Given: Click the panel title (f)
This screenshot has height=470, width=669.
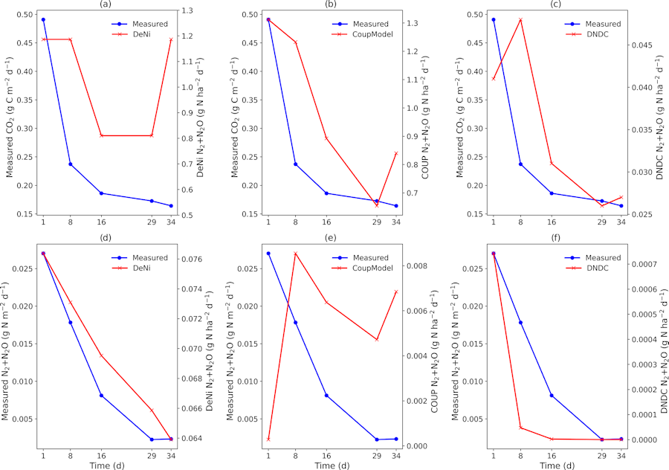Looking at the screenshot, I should pyautogui.click(x=557, y=239).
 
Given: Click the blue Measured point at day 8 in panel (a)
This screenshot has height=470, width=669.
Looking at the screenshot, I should pyautogui.click(x=71, y=164).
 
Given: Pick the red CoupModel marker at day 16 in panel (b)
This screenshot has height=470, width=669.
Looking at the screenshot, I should pyautogui.click(x=326, y=138).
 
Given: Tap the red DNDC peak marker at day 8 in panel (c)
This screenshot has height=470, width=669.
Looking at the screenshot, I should pyautogui.click(x=520, y=19).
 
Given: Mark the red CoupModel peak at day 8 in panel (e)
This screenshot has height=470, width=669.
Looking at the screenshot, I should pyautogui.click(x=295, y=254).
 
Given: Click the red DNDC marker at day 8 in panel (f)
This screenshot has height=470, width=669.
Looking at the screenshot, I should pyautogui.click(x=520, y=428).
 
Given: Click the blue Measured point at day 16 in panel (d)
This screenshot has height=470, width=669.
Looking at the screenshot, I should pyautogui.click(x=101, y=396).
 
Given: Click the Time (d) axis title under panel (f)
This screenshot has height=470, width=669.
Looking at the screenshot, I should pyautogui.click(x=557, y=466).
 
